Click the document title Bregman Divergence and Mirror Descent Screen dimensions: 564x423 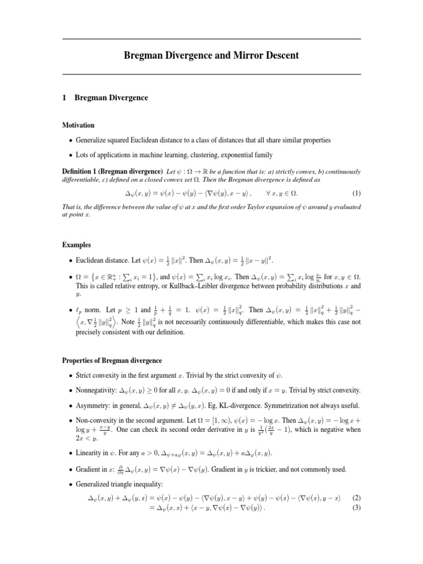211,56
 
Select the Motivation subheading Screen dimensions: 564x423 78,125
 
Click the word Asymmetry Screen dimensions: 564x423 89,405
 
